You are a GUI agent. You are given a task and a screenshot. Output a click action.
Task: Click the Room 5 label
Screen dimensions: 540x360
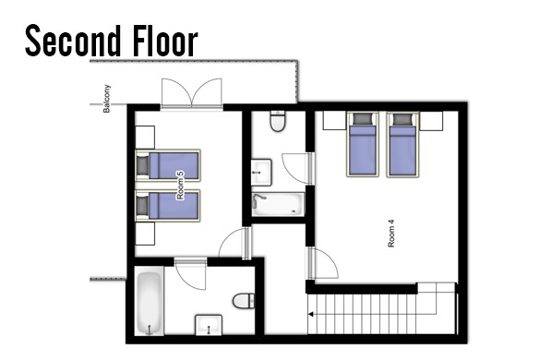180,186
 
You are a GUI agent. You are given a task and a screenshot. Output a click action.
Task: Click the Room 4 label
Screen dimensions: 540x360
391,234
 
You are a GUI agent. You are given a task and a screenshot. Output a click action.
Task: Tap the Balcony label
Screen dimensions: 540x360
107,99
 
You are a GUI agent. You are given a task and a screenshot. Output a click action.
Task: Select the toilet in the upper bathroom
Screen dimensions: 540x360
278,121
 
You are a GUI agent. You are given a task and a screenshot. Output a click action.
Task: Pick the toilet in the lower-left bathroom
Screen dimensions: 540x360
244,301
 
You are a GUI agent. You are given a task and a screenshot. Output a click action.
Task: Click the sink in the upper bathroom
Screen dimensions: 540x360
261,172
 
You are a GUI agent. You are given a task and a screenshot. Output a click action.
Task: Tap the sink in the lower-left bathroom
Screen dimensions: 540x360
209,325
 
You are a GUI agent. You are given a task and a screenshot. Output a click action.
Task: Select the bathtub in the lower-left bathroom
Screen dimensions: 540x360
150,303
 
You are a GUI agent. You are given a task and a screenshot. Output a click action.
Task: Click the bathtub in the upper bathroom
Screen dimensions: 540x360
278,204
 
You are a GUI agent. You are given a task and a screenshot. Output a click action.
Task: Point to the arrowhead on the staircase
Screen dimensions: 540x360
311,314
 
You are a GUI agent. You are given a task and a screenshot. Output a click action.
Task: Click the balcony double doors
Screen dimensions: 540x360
191,93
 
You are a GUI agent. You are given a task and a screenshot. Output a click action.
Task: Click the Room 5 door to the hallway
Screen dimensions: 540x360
234,244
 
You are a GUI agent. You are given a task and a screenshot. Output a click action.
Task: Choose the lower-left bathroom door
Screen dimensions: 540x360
190,274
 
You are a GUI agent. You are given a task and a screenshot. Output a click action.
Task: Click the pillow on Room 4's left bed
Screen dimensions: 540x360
363,119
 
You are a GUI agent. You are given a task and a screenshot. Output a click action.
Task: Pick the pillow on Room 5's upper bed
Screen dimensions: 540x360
143,165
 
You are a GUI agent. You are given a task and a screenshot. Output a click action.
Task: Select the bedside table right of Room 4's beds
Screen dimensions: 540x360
431,121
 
